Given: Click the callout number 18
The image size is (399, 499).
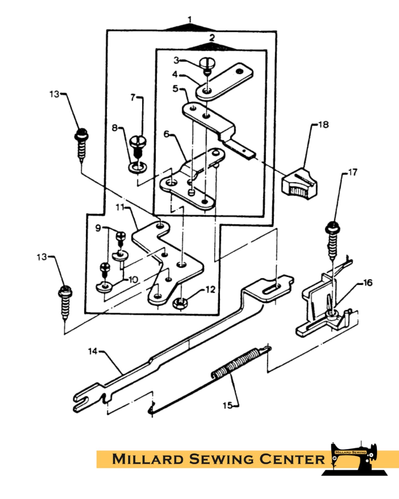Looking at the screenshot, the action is click(x=324, y=125).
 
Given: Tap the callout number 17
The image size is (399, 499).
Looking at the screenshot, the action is click(x=353, y=172).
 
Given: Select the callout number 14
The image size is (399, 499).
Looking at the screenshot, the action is click(x=93, y=351).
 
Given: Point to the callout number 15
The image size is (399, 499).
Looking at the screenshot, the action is click(x=227, y=405).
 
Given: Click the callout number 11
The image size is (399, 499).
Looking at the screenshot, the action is click(x=120, y=207).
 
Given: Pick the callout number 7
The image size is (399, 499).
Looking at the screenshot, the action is click(x=133, y=97).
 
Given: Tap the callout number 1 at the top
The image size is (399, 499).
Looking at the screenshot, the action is click(x=190, y=20).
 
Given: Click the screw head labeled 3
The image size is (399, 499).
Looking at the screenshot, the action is click(x=207, y=63).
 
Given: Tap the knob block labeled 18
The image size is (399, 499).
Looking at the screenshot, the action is click(x=299, y=184).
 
